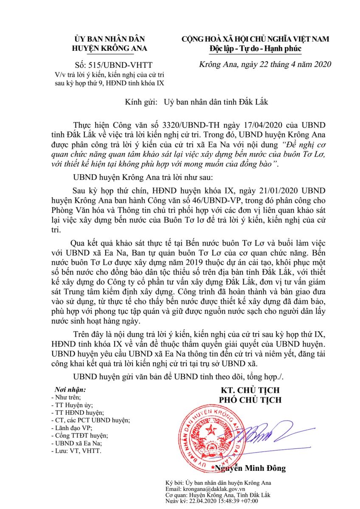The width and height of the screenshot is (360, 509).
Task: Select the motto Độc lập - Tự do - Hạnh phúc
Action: click(x=255, y=49)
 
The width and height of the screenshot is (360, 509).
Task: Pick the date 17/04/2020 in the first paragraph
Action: click(x=253, y=126)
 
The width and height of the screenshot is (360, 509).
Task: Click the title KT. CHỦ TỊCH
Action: click(x=250, y=390)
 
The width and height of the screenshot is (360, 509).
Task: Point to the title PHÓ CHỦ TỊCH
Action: click(x=250, y=400)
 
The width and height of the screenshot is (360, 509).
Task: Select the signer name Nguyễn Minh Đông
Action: click(x=250, y=468)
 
